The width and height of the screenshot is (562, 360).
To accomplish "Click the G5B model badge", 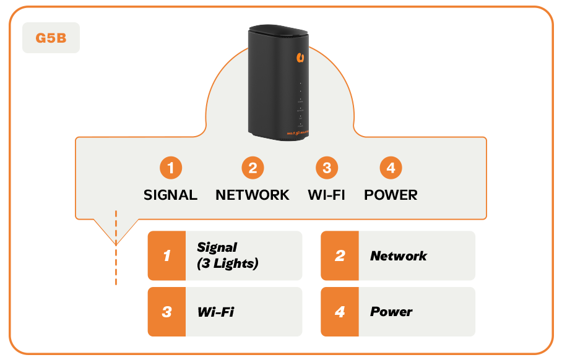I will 51,38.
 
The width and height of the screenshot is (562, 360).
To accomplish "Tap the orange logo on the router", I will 300,58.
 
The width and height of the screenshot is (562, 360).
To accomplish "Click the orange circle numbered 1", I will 170,168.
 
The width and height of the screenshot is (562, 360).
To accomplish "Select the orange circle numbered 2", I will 253,168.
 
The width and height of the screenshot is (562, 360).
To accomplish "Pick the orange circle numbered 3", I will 326,168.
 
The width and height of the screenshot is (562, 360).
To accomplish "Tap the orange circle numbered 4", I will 391,168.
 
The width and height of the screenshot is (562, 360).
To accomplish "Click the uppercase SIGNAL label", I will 170,195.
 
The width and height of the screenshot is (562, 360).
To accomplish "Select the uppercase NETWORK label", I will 253,195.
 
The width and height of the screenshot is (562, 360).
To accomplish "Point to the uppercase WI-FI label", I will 326,195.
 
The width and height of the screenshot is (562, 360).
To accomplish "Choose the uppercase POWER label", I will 391,195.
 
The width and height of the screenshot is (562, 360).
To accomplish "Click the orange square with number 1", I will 166,255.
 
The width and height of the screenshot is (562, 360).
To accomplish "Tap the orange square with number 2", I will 340,255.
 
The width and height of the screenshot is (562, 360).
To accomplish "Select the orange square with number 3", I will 166,312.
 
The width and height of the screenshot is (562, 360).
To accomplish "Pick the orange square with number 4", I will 340,312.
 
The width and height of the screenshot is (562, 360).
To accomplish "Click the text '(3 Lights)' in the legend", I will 227,264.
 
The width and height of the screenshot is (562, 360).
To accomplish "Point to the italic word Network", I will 399,255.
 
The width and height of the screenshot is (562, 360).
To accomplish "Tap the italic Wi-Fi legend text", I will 215,312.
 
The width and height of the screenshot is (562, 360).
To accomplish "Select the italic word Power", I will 391,312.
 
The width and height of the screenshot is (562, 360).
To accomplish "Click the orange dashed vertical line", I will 116,247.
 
